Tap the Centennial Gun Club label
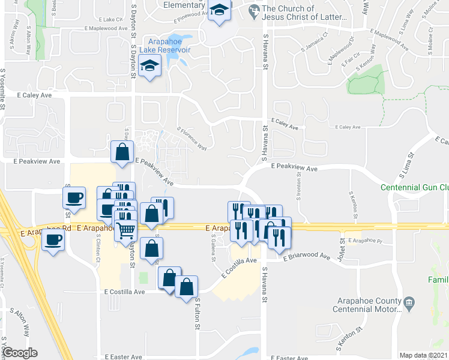(x=415, y=187)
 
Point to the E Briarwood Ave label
(x=299, y=257)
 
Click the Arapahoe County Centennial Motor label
(x=366, y=304)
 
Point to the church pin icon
(x=254, y=10)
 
